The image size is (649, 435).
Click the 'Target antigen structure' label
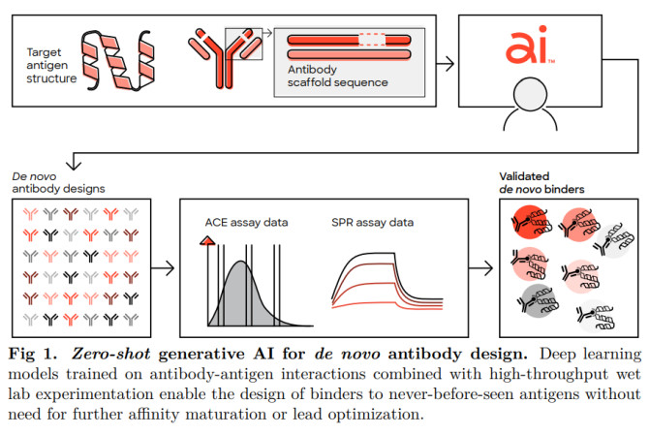tap(51, 65)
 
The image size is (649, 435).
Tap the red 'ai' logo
tap(527, 46)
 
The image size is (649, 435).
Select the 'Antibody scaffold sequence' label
tap(337, 76)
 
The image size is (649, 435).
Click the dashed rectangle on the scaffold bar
tap(372, 40)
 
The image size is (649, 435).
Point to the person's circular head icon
tap(530, 94)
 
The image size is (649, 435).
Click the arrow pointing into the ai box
tap(445, 64)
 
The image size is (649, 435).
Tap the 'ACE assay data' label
tap(246, 223)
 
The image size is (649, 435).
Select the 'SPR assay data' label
tap(372, 223)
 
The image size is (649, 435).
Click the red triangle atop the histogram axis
tap(207, 240)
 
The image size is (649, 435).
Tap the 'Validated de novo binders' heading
tap(541, 182)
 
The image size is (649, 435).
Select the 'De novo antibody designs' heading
tap(58, 182)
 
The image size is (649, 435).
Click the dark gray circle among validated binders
tap(537, 301)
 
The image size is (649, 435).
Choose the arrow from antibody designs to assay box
tap(163, 268)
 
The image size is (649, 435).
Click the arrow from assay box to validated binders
tap(481, 268)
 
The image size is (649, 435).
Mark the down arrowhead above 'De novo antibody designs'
tap(74, 165)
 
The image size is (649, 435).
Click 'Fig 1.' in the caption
tap(32, 355)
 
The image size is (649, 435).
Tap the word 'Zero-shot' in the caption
tap(111, 355)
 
